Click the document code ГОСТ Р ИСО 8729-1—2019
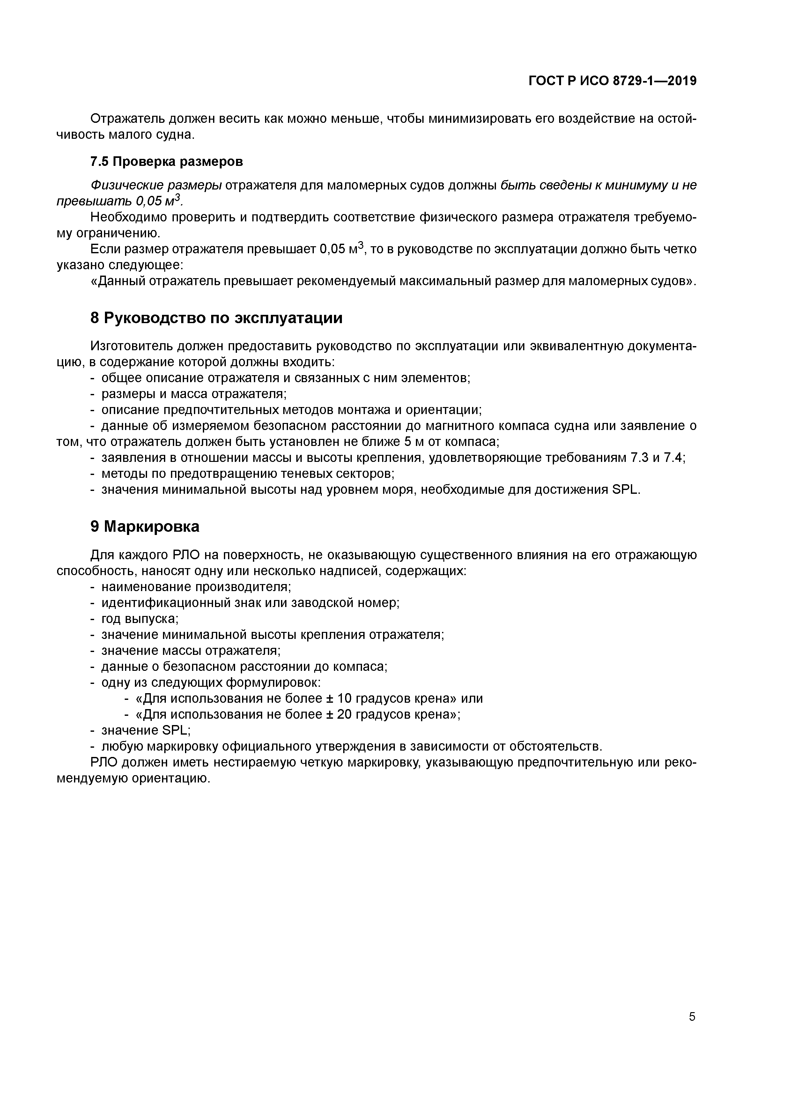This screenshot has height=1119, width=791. pos(613,81)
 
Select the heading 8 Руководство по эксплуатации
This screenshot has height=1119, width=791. pos(216,318)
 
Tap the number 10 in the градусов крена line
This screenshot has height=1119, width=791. pos(344,698)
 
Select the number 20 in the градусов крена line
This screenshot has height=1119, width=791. pos(344,715)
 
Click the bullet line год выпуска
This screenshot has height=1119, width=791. pos(140,619)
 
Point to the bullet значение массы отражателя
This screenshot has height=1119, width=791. pos(191,651)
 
